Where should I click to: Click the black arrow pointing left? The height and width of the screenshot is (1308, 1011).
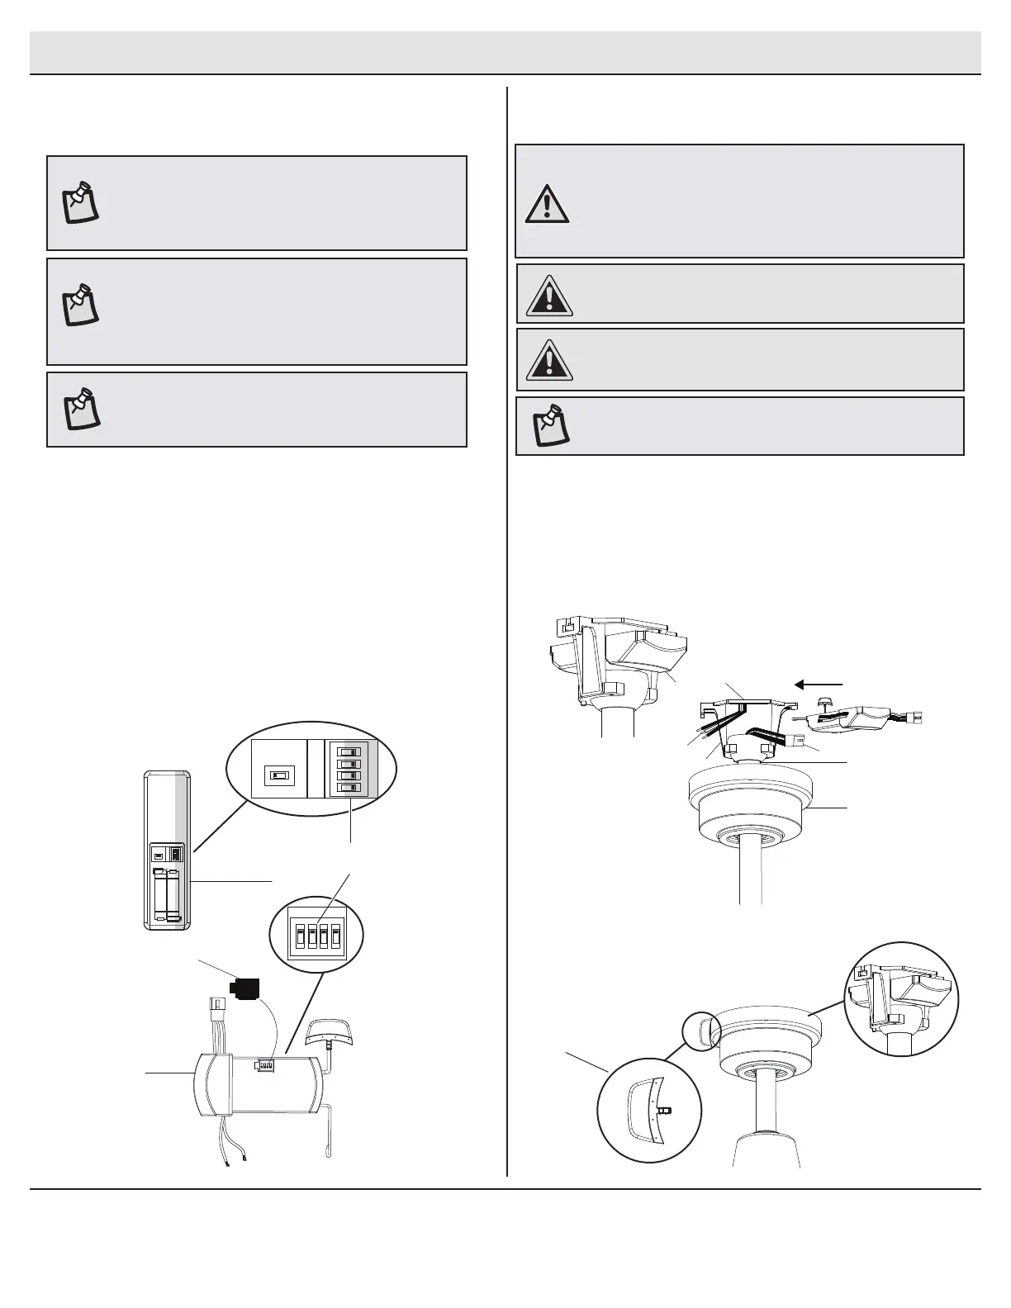[818, 684]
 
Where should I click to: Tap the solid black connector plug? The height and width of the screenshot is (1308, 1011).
[245, 988]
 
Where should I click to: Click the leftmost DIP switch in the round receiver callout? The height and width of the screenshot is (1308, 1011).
[301, 936]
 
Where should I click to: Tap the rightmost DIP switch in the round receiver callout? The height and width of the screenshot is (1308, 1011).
[335, 936]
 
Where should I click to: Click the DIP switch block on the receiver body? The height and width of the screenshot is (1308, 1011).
[266, 1066]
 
